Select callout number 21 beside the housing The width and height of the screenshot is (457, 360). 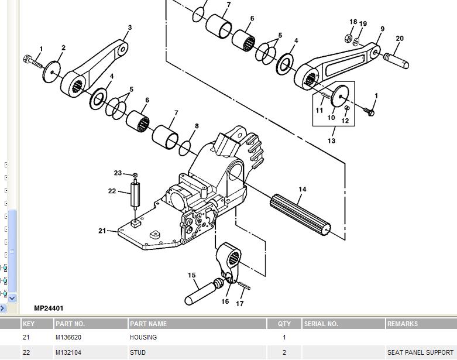pyautogui.click(x=102, y=231)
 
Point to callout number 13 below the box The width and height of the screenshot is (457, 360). pyautogui.click(x=331, y=141)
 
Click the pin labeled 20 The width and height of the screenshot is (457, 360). pyautogui.click(x=396, y=61)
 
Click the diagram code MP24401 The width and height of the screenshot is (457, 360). pyautogui.click(x=49, y=308)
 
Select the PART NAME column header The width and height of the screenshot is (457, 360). pyautogui.click(x=149, y=324)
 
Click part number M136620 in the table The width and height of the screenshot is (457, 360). pyautogui.click(x=68, y=337)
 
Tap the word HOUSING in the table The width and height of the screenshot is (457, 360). pyautogui.click(x=143, y=337)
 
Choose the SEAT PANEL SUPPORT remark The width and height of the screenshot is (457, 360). pyautogui.click(x=420, y=352)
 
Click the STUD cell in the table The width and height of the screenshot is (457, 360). pyautogui.click(x=138, y=352)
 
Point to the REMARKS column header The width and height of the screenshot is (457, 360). pyautogui.click(x=402, y=324)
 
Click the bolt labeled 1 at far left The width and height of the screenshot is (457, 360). pyautogui.click(x=32, y=61)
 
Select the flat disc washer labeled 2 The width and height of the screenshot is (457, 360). pyautogui.click(x=51, y=72)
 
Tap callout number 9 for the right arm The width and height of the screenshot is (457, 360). pyautogui.click(x=382, y=29)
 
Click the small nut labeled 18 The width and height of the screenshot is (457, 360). pyautogui.click(x=348, y=38)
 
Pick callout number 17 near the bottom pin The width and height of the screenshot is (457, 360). pyautogui.click(x=239, y=304)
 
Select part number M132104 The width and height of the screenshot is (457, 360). pyautogui.click(x=68, y=352)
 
